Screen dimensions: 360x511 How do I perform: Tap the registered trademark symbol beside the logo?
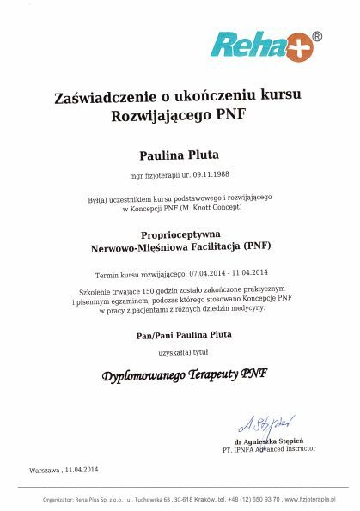coord(317,37)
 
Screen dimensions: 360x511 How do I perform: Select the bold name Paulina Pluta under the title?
coord(180,155)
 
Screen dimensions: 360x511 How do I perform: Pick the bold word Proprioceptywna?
coord(180,233)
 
